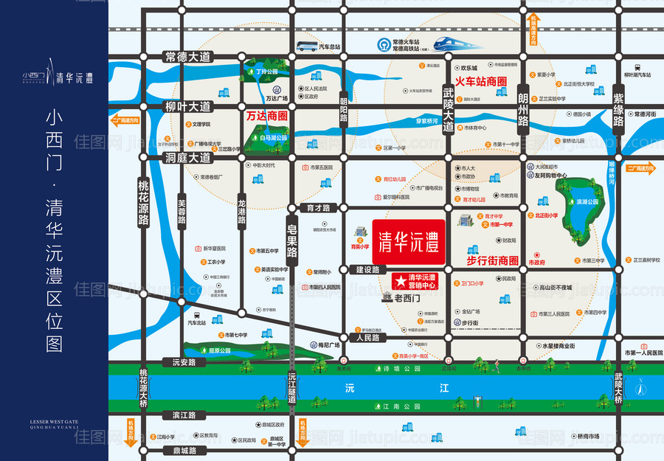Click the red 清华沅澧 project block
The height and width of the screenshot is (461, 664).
(408, 240)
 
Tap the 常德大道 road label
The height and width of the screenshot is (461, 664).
(187, 57)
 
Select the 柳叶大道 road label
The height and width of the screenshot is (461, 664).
(187, 107)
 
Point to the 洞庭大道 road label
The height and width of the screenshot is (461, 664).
(187, 157)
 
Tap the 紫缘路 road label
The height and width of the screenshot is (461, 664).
(618, 109)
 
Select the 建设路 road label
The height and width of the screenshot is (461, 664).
(367, 270)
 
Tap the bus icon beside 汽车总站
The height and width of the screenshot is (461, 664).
(306, 46)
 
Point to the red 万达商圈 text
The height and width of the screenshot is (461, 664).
(266, 116)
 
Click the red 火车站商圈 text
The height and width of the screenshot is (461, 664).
(480, 82)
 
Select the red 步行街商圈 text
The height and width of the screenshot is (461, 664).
(493, 260)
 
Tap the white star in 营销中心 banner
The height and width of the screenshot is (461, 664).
(398, 281)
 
